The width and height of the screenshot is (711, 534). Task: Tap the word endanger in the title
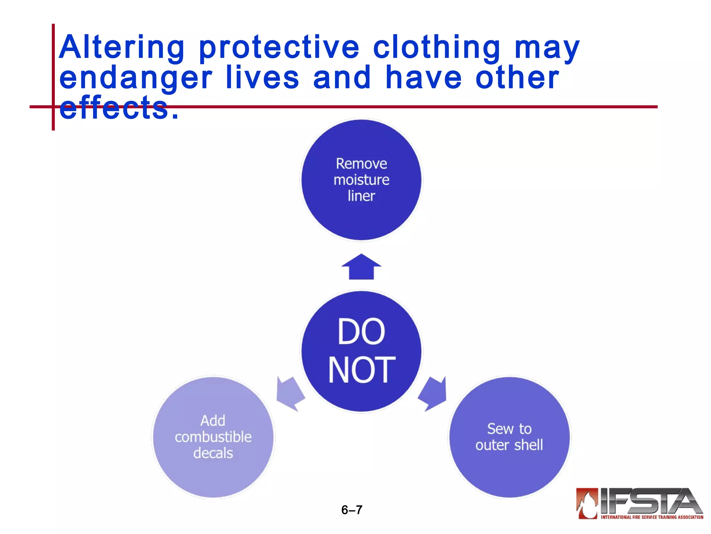(x=135, y=79)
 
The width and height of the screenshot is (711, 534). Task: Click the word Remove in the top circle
(x=361, y=164)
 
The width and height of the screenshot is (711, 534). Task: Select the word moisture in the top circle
(x=361, y=180)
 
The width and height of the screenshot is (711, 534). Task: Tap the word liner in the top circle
(x=361, y=196)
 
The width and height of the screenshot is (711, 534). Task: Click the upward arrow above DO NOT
(x=361, y=267)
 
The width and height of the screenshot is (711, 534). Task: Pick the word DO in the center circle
(x=361, y=332)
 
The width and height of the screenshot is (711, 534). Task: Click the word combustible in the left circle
(x=213, y=437)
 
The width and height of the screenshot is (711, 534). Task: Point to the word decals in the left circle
(x=213, y=453)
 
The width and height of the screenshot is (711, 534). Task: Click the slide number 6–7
(x=352, y=510)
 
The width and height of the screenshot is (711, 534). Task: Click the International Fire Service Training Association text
(x=652, y=517)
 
